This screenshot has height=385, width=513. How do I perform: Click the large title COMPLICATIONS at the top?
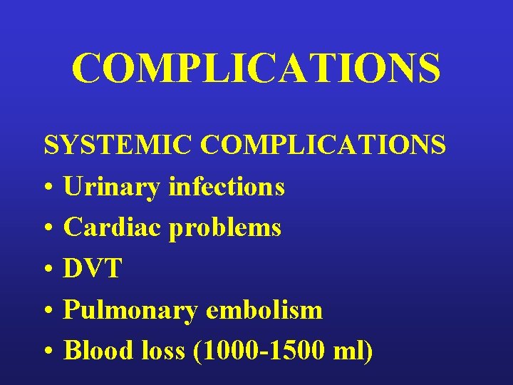(x=256, y=68)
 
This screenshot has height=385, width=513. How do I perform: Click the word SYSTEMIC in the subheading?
(x=118, y=145)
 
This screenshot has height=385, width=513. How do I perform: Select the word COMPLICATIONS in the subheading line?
(x=323, y=145)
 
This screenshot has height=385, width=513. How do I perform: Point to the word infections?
(x=227, y=187)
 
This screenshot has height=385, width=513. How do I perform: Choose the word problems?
(x=225, y=229)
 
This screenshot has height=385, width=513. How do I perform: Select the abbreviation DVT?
(x=93, y=269)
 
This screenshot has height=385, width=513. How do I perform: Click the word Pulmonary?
(x=129, y=311)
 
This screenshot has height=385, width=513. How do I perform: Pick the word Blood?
(x=94, y=351)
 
